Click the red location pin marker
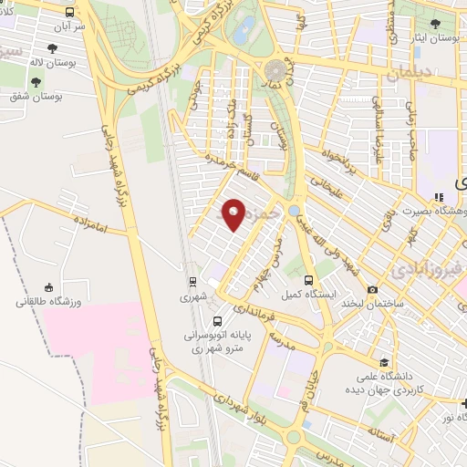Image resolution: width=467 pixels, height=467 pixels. [233, 213]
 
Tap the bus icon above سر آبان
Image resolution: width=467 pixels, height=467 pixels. [71, 13]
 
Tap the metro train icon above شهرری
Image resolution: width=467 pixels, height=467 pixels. [192, 281]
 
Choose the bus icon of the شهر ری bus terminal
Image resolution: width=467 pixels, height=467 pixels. [217, 321]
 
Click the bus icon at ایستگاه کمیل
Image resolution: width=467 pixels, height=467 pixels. [308, 280]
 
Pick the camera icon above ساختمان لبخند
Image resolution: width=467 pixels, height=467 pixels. [347, 289]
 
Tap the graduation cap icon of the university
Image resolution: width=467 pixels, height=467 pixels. [384, 362]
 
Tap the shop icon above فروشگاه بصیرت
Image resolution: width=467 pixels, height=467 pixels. [439, 196]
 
